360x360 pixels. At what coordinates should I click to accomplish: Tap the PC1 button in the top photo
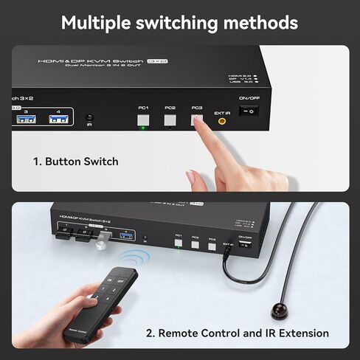[143, 117]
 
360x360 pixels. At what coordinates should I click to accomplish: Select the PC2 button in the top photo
[170, 117]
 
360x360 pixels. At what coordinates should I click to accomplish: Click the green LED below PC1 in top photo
[143, 128]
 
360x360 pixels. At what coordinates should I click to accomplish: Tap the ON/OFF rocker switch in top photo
[253, 112]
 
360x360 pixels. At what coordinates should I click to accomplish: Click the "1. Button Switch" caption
[75, 161]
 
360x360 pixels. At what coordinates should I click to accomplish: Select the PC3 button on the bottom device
[212, 243]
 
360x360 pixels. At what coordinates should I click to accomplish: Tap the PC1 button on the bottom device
[179, 241]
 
